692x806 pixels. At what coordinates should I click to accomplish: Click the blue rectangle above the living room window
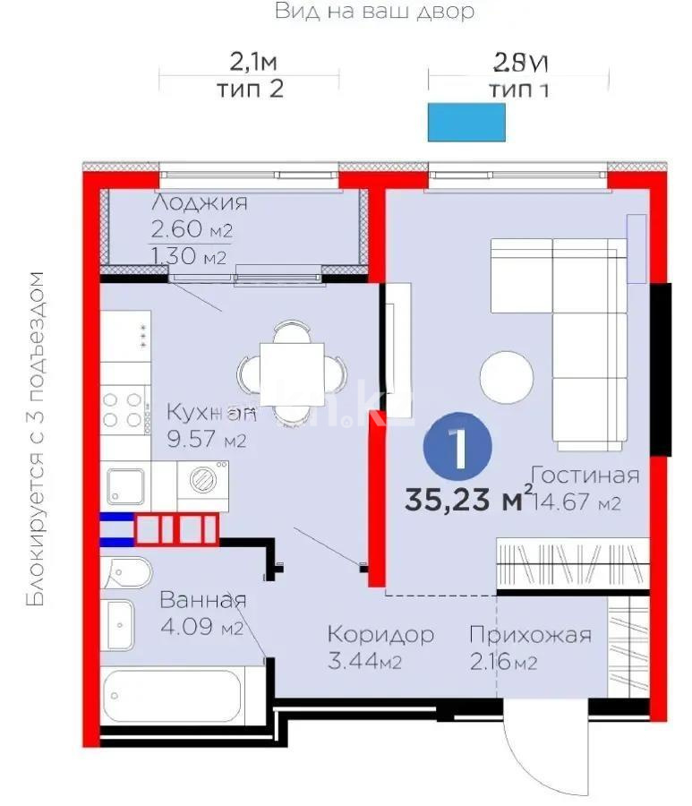point(466,122)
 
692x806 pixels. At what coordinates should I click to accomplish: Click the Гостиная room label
point(585,475)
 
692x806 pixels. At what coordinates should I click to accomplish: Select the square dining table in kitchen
point(290,370)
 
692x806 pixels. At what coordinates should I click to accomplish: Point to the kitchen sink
point(126,486)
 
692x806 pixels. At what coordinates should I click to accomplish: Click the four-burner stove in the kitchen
point(124,409)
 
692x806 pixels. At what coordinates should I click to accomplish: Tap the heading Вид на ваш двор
point(374,12)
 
